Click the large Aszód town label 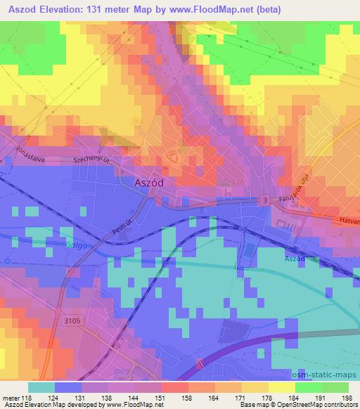pyautogui.click(x=149, y=181)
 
